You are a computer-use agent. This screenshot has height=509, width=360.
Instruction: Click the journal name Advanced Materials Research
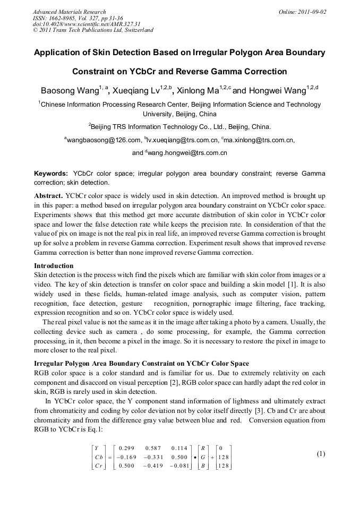click(70, 12)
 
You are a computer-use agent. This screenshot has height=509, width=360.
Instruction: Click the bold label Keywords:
click(51, 174)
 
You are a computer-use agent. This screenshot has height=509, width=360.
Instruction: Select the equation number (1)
click(321, 454)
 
